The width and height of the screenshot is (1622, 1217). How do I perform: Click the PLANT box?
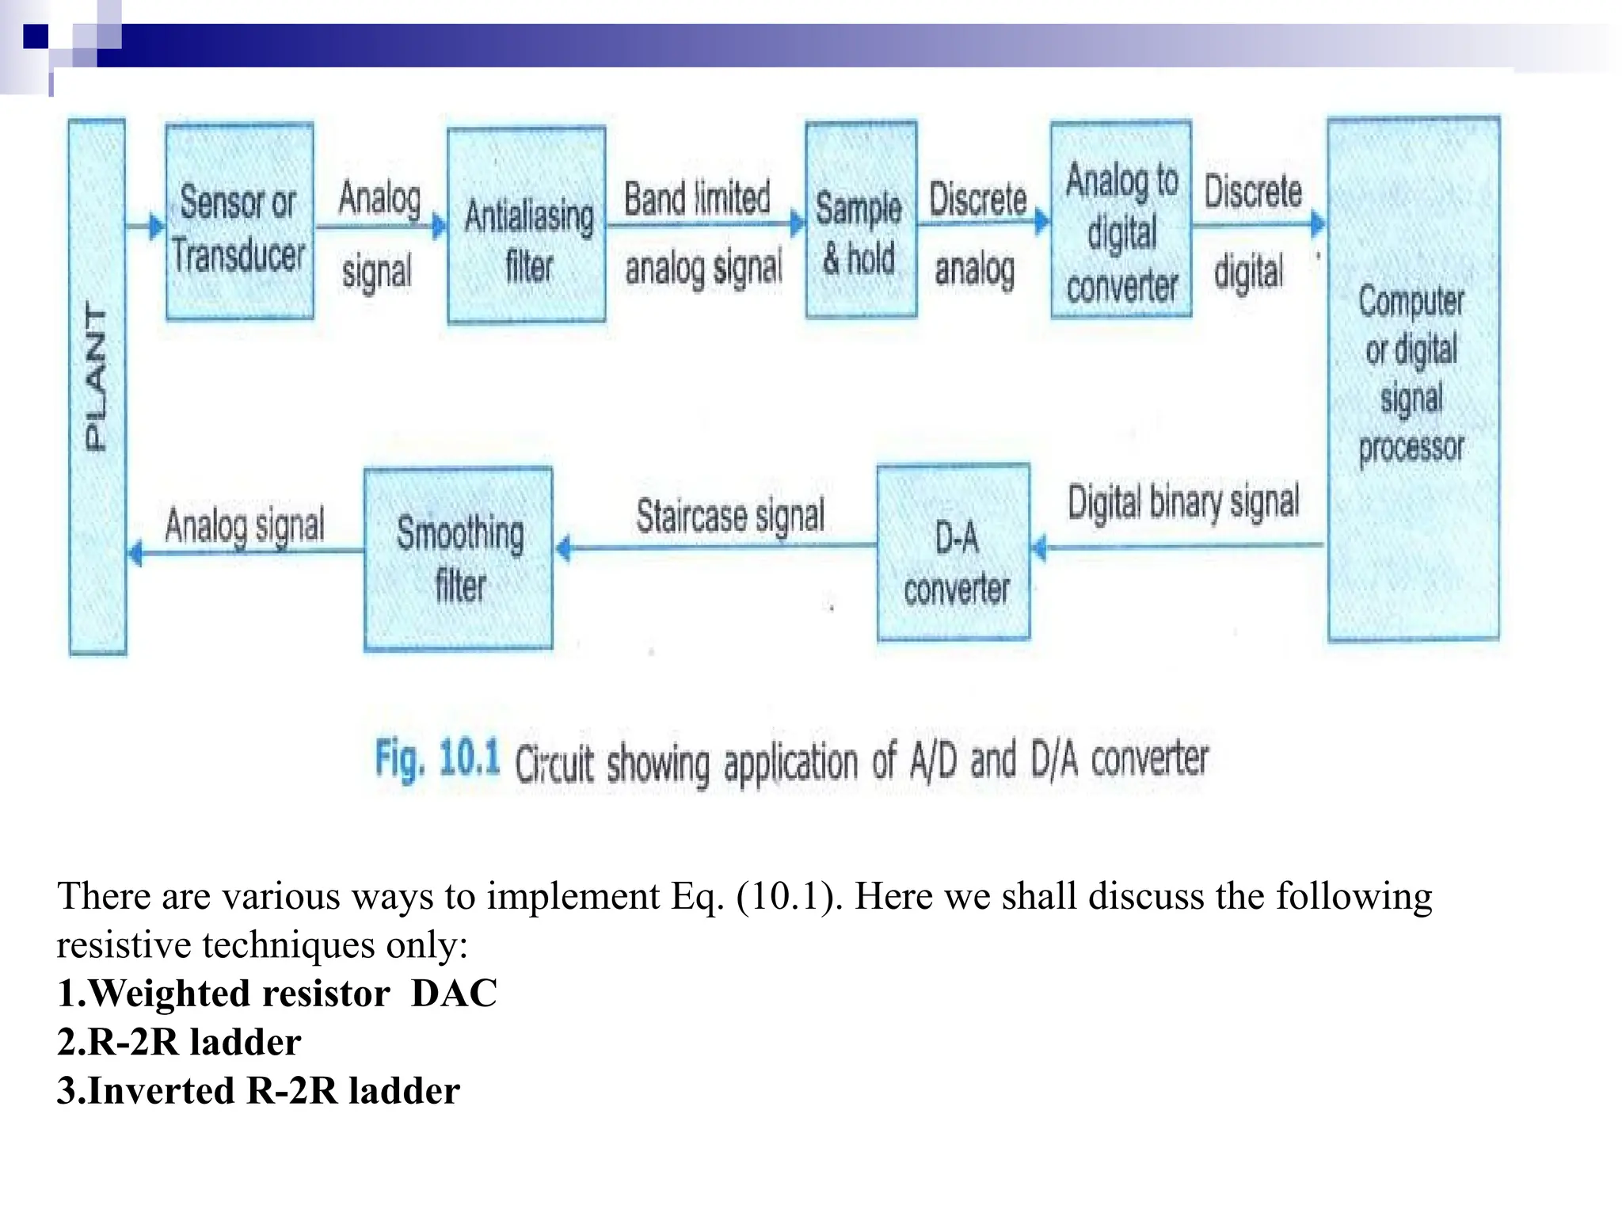point(97,387)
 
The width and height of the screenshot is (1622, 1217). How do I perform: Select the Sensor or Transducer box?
point(239,222)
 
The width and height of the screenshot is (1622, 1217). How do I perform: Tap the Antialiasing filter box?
point(527,225)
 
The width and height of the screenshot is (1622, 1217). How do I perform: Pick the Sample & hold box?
point(861,220)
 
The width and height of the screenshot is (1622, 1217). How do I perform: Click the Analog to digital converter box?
point(1121,220)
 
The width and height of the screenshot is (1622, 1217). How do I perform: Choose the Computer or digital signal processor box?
point(1413,379)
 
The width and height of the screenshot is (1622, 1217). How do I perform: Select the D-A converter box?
point(954,552)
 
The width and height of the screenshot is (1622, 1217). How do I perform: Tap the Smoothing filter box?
point(459,559)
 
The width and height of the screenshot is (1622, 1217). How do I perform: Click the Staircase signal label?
point(730,516)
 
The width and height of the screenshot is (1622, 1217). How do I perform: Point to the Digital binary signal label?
point(1183,502)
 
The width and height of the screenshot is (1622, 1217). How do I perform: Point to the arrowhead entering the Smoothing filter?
point(563,547)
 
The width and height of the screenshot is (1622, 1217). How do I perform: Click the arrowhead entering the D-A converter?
point(1040,547)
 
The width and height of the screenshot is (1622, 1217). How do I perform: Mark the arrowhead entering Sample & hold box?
point(798,224)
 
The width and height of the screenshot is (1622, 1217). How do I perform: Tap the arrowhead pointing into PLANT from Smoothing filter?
point(135,552)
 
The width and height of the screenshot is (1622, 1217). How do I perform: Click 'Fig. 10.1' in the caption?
point(437,758)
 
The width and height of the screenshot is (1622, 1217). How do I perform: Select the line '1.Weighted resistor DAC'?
point(277,994)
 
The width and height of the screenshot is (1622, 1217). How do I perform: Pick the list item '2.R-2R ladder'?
point(179,1042)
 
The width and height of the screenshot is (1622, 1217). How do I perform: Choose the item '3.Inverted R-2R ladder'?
point(258,1091)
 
